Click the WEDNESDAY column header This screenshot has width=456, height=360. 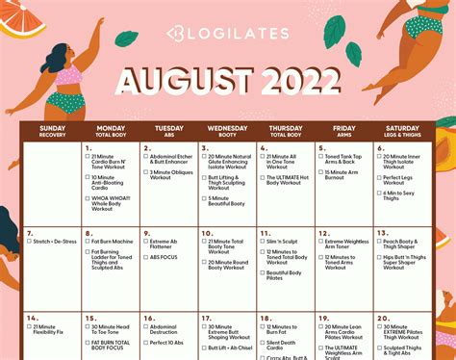[x=227, y=129]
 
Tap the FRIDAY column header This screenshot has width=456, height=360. [x=344, y=129]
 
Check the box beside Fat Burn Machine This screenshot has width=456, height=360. [x=87, y=242]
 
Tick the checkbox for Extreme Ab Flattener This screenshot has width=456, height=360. [x=145, y=242]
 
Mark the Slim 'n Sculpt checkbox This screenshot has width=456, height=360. [x=263, y=242]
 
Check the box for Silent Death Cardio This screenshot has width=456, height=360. [x=263, y=343]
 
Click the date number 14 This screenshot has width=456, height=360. [x=32, y=317]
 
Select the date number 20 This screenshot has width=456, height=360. [x=385, y=317]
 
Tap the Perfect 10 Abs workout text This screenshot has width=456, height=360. [x=167, y=343]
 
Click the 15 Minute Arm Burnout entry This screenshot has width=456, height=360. [x=345, y=173]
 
